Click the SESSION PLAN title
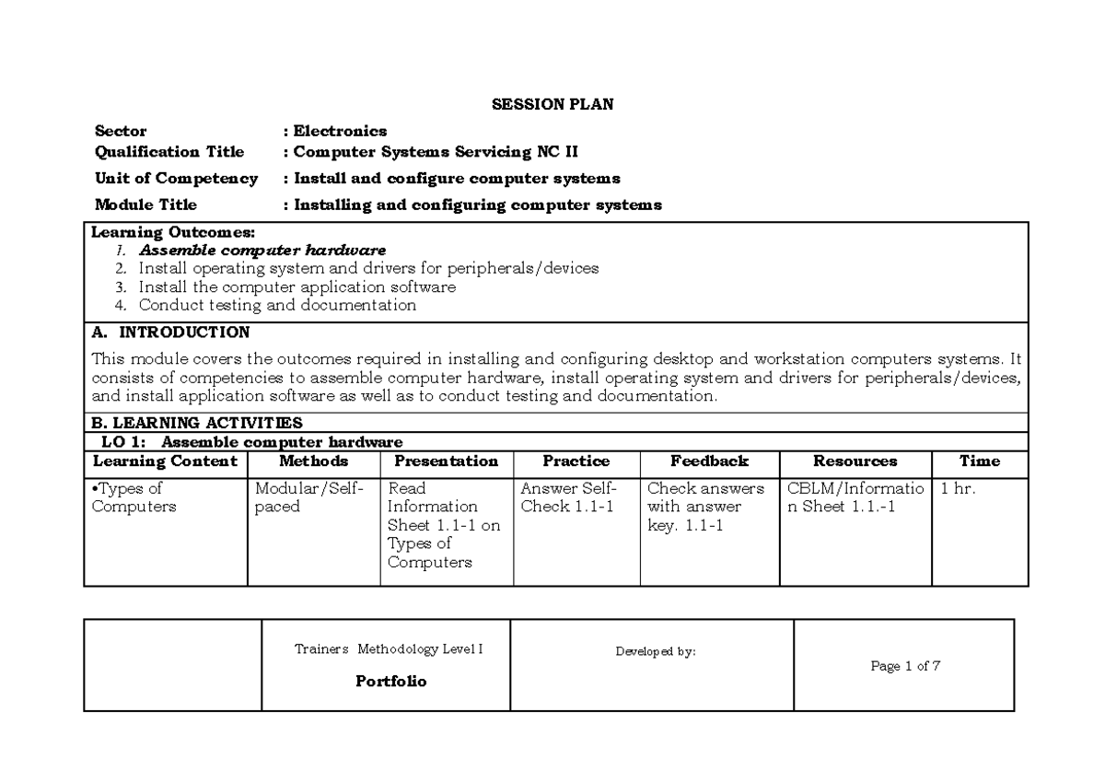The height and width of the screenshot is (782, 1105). coord(552,104)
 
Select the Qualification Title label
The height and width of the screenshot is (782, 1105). coord(169,152)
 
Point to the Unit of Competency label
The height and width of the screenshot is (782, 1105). coord(176,179)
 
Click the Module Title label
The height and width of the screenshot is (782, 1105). coord(145,205)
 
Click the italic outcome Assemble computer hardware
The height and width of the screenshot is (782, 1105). coord(262,251)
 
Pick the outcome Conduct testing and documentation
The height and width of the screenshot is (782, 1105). coord(277,305)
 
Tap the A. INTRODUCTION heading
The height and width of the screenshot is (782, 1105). coord(171,332)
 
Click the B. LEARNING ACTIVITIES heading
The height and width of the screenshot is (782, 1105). coord(197,423)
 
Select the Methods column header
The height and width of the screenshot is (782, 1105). coord(313,461)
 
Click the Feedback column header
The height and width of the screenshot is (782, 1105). coord(709,461)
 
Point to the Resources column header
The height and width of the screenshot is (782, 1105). coord(855,461)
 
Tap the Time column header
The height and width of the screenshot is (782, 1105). coord(979,461)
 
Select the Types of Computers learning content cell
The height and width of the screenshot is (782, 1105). coord(134,498)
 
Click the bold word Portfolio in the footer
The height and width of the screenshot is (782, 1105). coord(390,683)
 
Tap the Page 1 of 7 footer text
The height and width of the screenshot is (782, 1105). coord(904,667)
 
